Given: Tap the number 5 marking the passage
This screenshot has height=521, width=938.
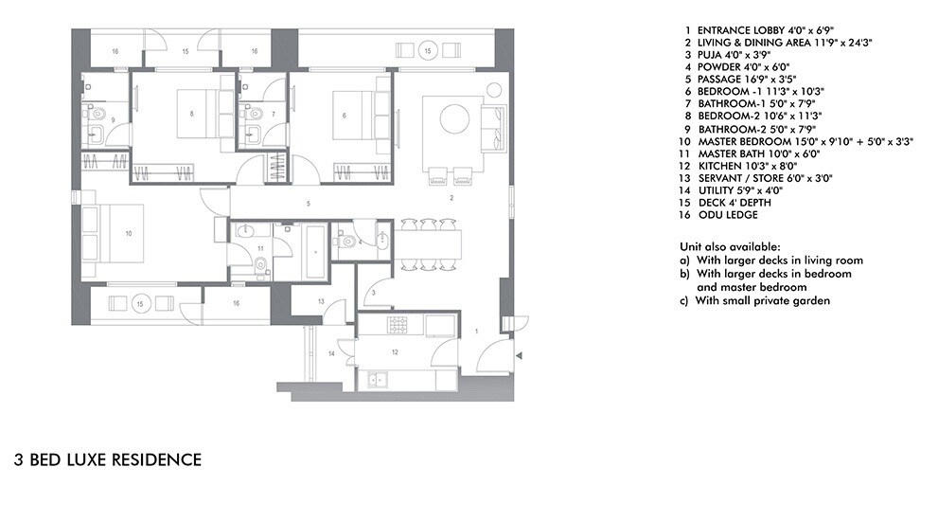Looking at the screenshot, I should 308,203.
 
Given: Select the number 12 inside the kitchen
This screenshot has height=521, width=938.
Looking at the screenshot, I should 394,351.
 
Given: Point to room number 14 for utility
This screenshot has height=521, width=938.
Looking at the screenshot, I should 331,353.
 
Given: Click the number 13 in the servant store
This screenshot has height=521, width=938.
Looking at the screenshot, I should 323,301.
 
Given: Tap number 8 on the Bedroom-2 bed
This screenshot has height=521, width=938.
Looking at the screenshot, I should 192,114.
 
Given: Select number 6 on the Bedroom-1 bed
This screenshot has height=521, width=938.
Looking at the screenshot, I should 343,114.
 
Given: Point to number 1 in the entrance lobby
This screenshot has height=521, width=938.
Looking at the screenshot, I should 476,331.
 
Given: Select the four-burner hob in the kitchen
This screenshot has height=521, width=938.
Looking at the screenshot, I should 394,326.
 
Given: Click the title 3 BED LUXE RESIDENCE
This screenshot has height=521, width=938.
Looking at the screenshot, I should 108,460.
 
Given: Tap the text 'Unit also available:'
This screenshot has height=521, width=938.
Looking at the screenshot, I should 728,246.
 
